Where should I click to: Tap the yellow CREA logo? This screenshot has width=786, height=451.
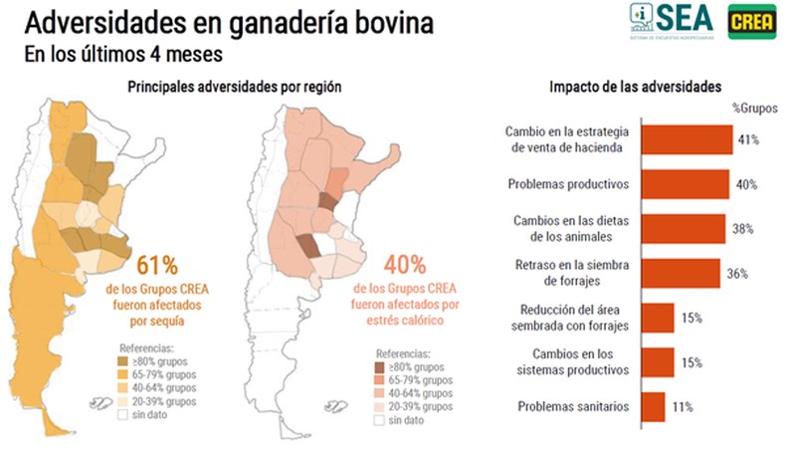click(x=751, y=22)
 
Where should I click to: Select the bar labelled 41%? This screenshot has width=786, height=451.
click(x=686, y=139)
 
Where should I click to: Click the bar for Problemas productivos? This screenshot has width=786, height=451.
click(x=685, y=184)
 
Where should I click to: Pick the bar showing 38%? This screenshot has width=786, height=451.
click(x=683, y=228)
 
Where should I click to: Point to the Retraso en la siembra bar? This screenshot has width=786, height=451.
click(x=680, y=273)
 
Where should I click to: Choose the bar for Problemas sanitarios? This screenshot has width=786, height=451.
click(x=653, y=406)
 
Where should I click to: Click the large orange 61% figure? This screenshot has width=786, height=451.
click(x=155, y=266)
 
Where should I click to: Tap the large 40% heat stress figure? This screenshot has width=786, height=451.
click(x=404, y=266)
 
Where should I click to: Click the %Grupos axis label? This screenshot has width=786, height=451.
click(x=755, y=109)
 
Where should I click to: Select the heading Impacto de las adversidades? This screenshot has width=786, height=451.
click(x=621, y=87)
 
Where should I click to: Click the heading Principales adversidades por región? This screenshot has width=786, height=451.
click(x=235, y=88)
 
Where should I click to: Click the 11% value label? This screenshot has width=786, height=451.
click(x=681, y=406)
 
